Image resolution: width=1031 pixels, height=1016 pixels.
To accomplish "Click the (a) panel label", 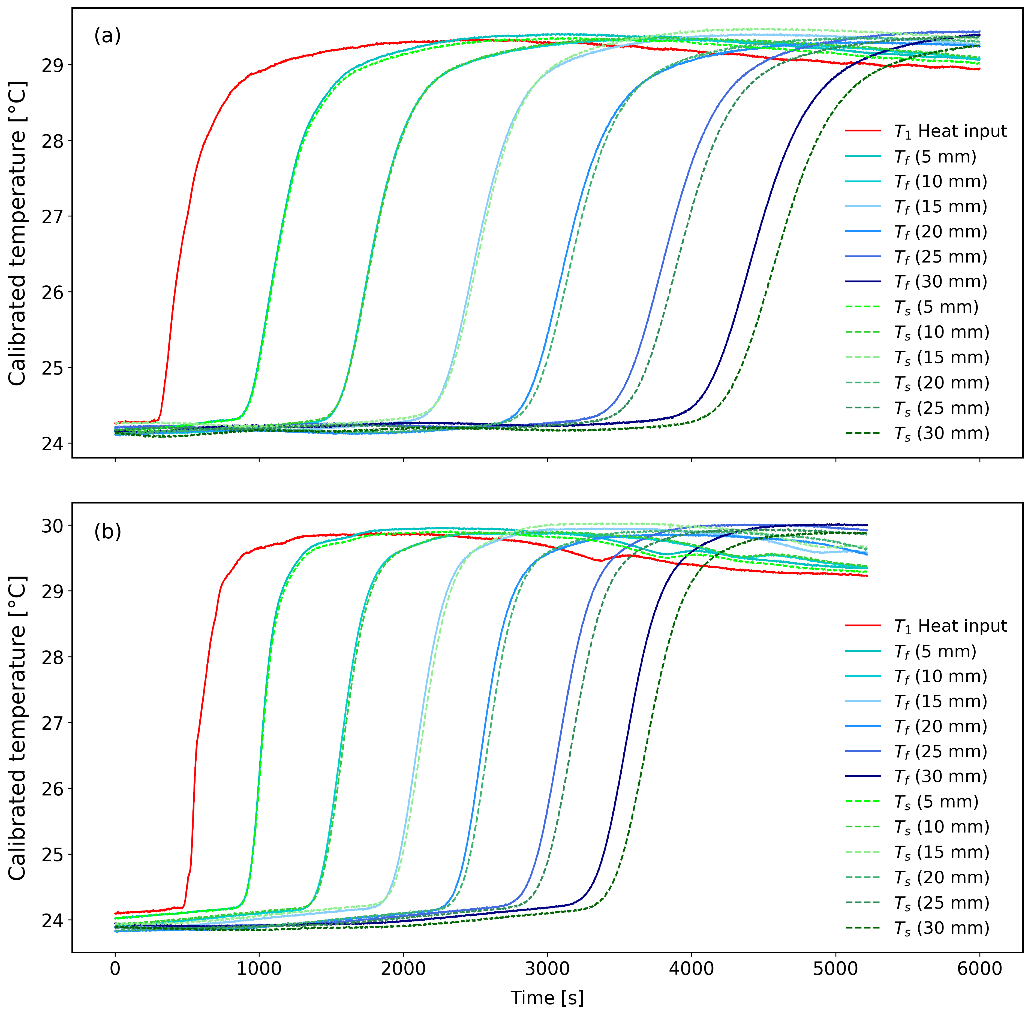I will pos(107,36).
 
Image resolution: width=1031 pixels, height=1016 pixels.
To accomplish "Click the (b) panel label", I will pos(107,532).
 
